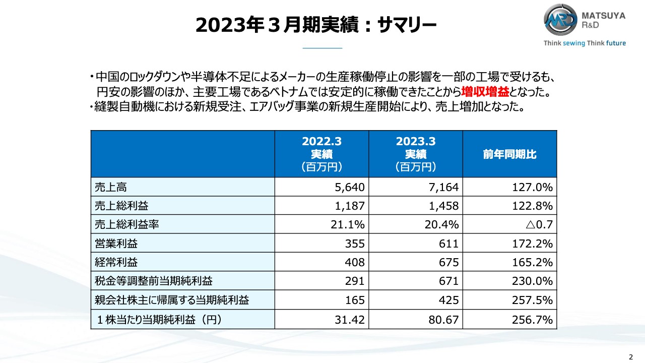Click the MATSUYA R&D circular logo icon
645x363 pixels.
(x=561, y=21)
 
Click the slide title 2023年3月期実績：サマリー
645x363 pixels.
(x=315, y=25)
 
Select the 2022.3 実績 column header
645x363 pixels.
(x=322, y=154)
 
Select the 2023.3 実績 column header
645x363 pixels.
(x=416, y=154)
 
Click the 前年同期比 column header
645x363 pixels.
(x=509, y=154)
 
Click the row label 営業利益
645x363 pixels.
(x=116, y=244)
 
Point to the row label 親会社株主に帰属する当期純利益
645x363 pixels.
(x=172, y=300)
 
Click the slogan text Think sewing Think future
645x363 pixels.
(x=585, y=43)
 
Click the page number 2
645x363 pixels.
(x=630, y=355)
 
